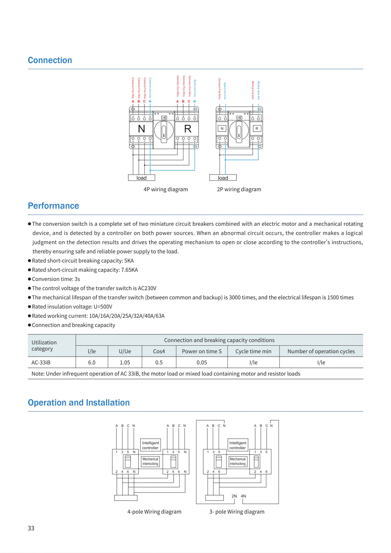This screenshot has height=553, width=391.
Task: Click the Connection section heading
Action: tap(50, 60)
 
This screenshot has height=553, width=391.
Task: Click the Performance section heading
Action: tap(53, 206)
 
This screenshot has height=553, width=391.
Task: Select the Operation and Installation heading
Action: tap(79, 403)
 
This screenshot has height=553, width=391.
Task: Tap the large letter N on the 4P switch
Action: tap(142, 129)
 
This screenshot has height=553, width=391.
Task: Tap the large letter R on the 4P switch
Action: tap(188, 129)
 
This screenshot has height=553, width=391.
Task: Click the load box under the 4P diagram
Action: tap(142, 178)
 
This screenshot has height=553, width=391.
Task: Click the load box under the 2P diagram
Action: tap(223, 178)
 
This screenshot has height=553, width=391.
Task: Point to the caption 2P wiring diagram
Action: tap(239, 189)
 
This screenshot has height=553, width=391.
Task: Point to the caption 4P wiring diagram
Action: tap(165, 189)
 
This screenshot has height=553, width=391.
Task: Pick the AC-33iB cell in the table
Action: tap(41, 362)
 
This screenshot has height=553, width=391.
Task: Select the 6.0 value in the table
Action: tap(92, 362)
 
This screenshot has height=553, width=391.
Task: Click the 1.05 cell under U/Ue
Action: tap(125, 362)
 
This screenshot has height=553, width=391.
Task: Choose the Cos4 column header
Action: tap(159, 351)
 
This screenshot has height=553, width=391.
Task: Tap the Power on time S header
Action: tap(202, 351)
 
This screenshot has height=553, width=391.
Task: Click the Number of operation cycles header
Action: tap(321, 351)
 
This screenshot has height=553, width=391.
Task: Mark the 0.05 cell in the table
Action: tap(202, 362)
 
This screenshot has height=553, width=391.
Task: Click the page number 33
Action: tap(31, 528)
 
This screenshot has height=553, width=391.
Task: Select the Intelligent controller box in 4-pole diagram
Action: tap(150, 445)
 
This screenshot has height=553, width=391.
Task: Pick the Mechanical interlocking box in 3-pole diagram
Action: tap(238, 461)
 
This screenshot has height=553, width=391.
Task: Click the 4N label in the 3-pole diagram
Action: tap(243, 496)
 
